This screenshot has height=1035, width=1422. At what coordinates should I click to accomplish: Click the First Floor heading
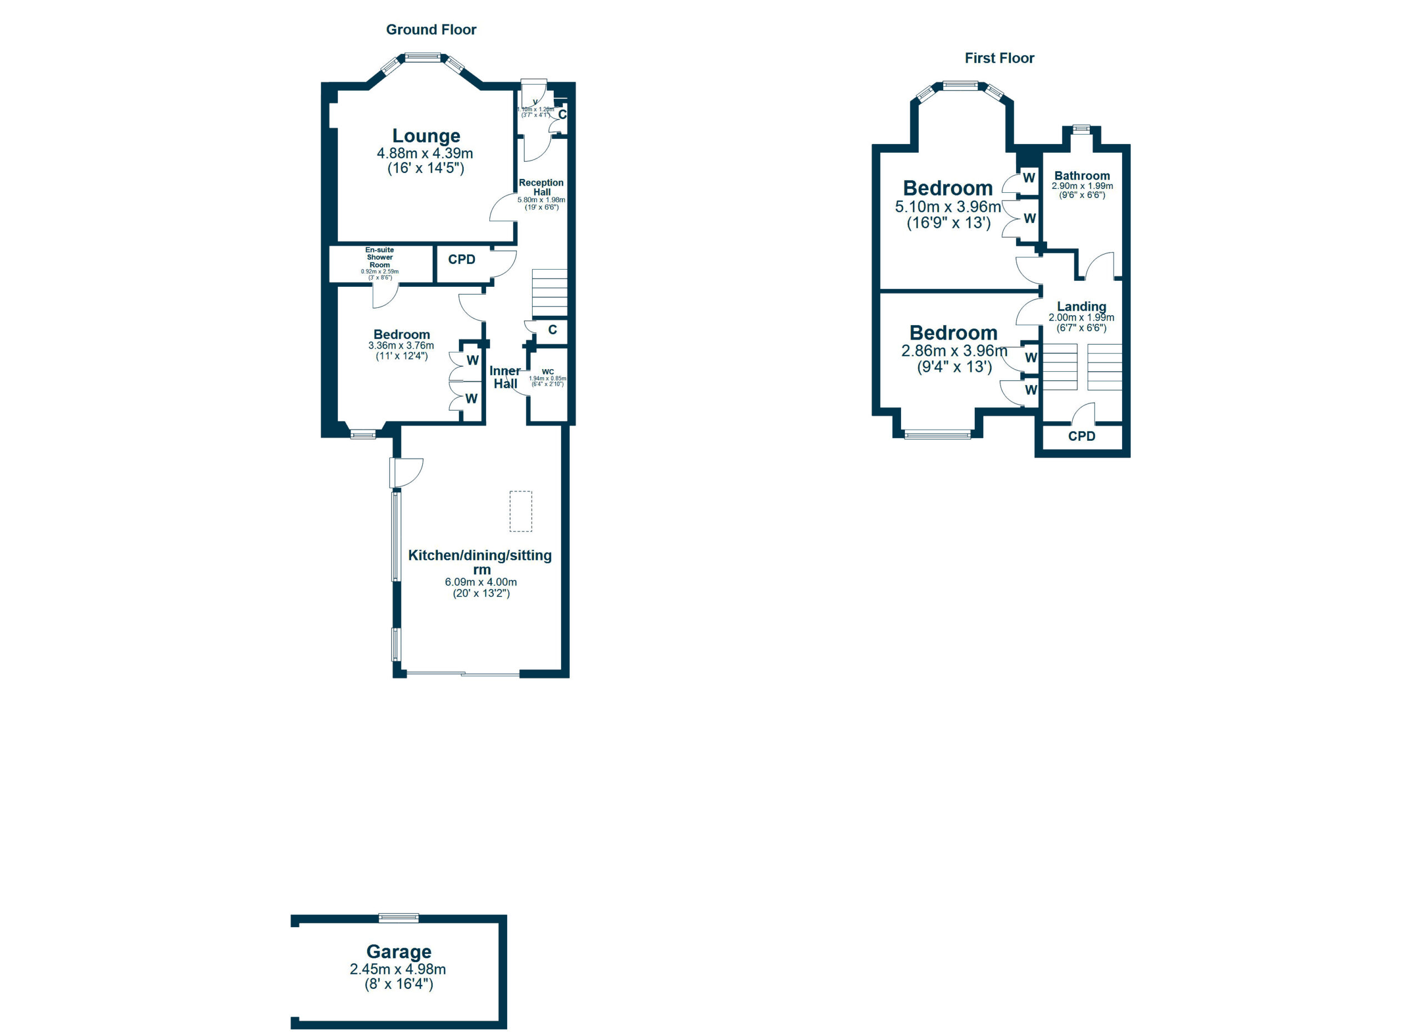click(999, 58)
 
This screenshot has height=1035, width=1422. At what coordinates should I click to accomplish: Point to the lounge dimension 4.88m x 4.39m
click(424, 153)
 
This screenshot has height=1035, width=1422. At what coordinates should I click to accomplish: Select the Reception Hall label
click(541, 187)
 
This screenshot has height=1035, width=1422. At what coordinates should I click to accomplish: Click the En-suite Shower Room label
click(379, 257)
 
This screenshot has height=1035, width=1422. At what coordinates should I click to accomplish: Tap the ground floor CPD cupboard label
click(462, 260)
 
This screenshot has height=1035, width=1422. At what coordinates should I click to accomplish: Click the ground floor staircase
click(549, 292)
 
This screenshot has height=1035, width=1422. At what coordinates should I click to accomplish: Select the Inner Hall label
click(505, 377)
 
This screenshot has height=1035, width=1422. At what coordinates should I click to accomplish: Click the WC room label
click(547, 372)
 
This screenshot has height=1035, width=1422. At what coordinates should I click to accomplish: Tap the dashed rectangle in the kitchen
click(520, 511)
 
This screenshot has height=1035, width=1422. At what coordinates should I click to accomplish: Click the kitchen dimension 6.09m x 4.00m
click(480, 582)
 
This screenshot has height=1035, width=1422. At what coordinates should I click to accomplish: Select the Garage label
click(398, 952)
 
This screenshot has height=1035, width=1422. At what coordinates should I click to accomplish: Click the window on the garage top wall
click(399, 918)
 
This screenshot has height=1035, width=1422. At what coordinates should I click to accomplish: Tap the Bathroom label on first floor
click(1081, 176)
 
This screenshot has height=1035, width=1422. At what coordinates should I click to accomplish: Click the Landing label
click(1081, 306)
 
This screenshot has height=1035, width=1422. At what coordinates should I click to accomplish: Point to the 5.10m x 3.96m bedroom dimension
click(948, 207)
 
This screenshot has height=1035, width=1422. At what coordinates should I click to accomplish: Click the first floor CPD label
click(1081, 436)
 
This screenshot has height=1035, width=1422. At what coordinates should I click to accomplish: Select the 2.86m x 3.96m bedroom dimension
click(954, 351)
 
